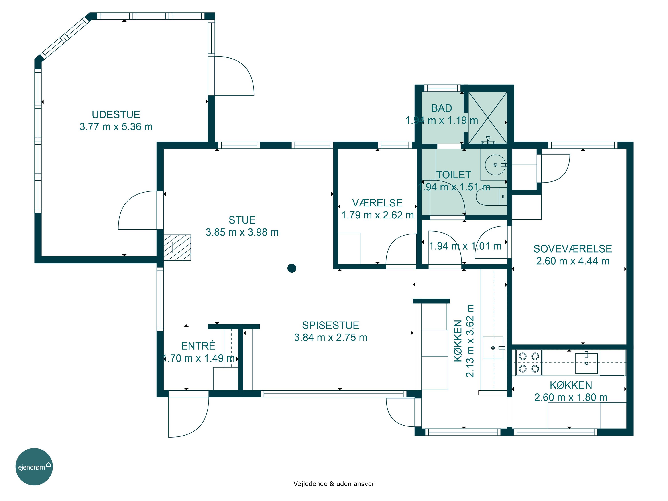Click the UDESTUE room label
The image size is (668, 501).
116,114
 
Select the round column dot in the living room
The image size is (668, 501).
292,268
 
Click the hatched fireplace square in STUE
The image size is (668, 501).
177,247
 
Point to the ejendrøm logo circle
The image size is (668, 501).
34,466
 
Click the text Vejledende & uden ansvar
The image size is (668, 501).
334,484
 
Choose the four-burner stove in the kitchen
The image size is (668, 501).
529,362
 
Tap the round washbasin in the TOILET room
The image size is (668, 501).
495,165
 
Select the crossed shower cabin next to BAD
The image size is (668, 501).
487,118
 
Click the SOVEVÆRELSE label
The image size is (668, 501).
572,249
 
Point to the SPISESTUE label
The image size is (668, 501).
331,325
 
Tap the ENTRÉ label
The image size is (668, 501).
198,346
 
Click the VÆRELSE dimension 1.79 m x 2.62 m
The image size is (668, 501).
377,215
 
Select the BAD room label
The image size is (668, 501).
442,108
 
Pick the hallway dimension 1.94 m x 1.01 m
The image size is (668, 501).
465,246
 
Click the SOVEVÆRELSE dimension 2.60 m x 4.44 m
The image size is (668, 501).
572,261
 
